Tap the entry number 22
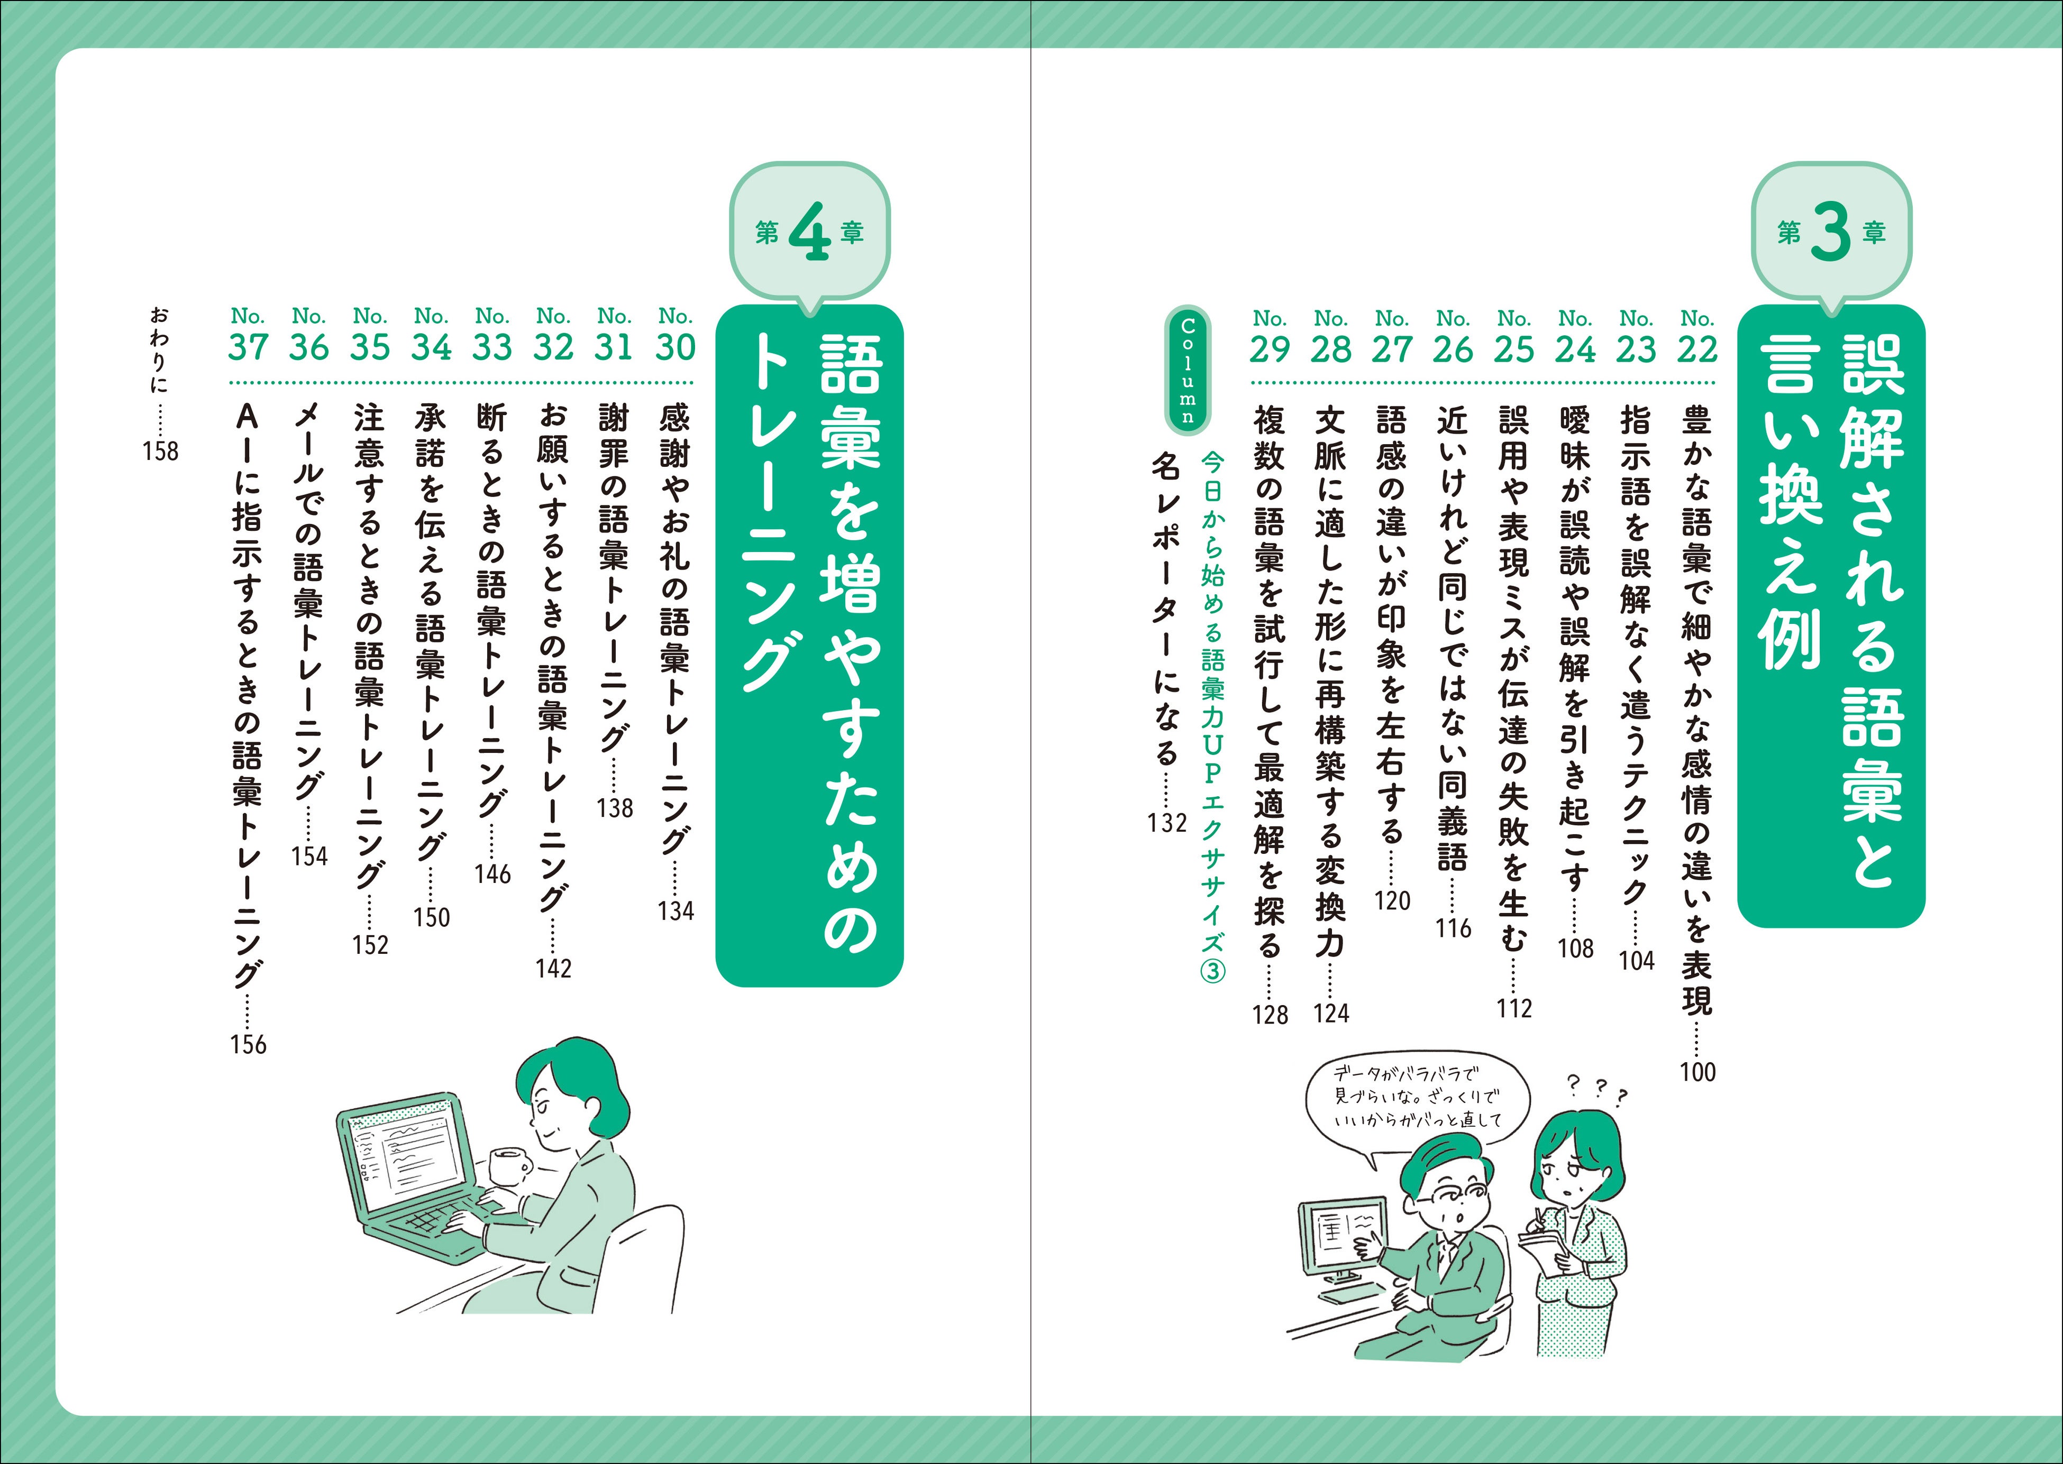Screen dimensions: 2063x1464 [1697, 349]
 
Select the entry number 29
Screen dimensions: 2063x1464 [1270, 349]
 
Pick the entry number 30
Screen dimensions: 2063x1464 [676, 347]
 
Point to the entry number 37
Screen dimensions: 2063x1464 [248, 347]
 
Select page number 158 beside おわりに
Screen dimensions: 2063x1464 [160, 451]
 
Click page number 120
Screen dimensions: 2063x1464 [1392, 900]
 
